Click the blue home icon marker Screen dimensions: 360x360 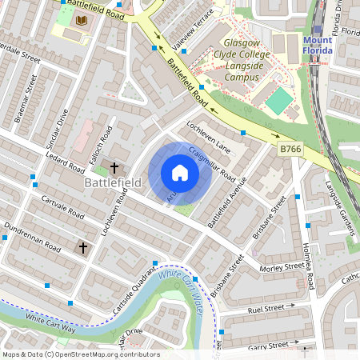[180, 173]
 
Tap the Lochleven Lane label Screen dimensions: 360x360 [207, 138]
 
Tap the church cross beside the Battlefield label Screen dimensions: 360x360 [114, 168]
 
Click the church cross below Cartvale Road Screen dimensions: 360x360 [82, 248]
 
